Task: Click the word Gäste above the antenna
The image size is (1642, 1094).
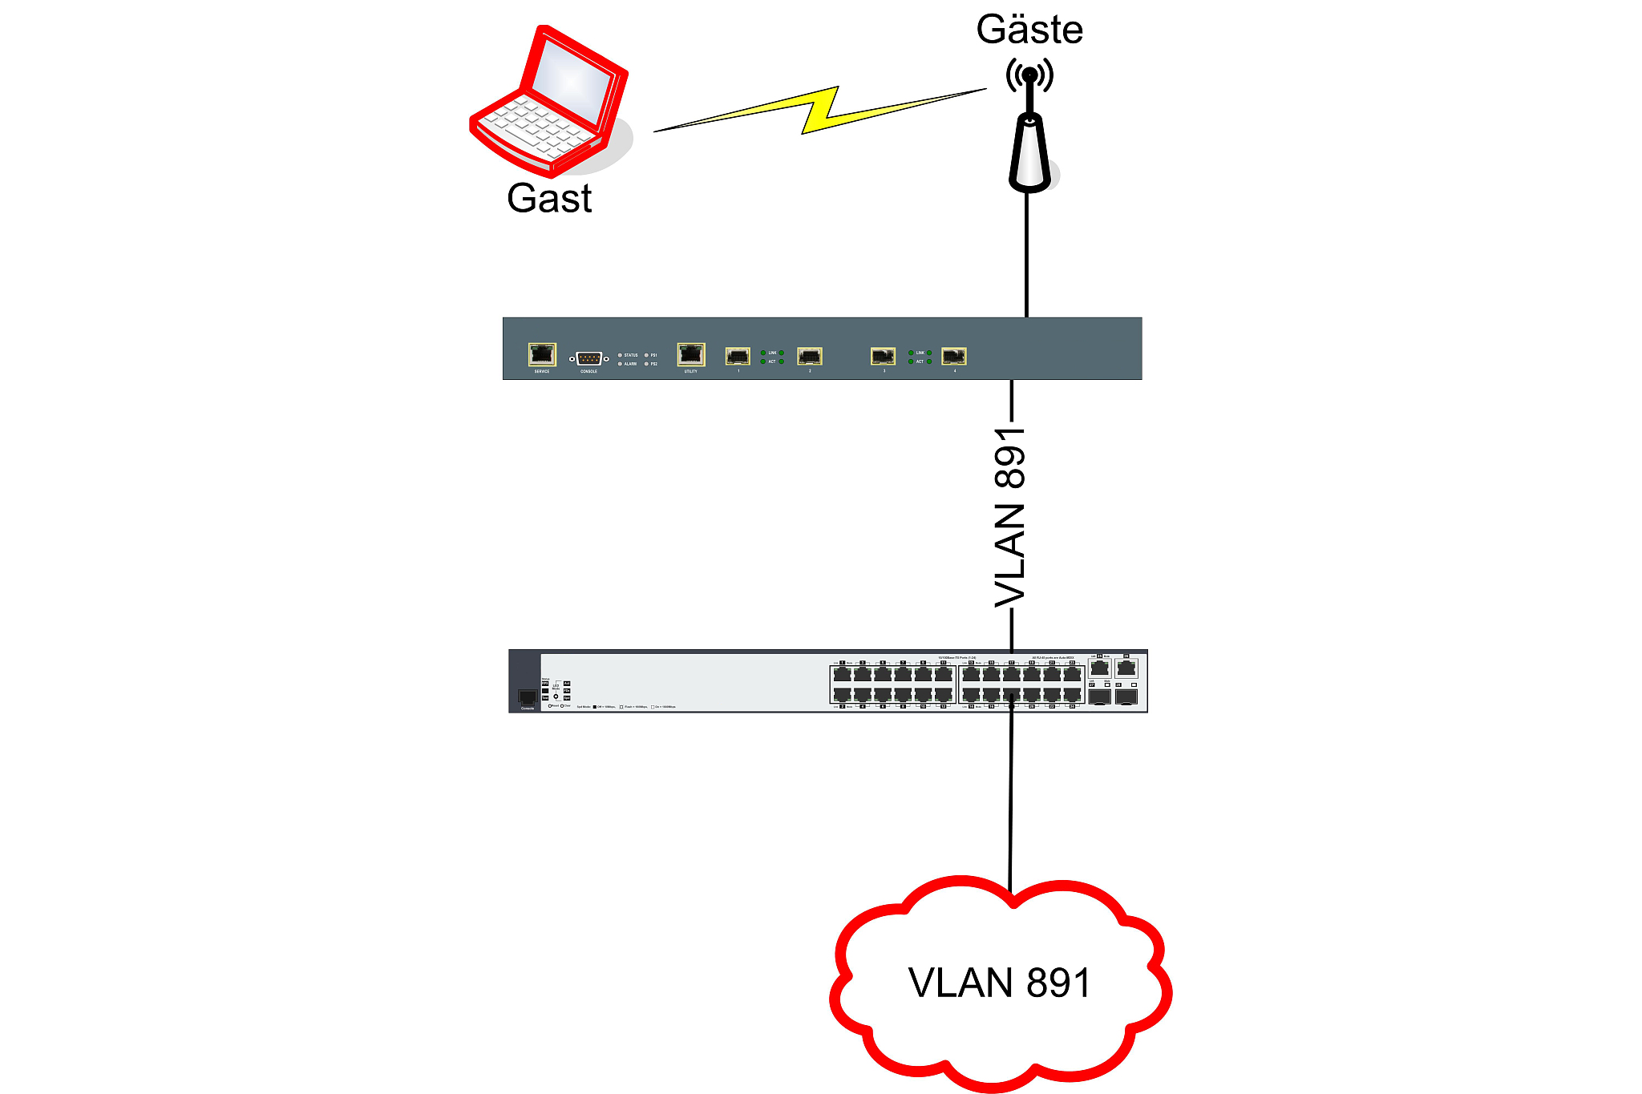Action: coord(1029,30)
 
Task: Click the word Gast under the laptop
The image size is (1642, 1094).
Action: coord(549,198)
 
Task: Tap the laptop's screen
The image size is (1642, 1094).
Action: coord(572,83)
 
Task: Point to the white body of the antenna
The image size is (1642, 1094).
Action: coord(1029,155)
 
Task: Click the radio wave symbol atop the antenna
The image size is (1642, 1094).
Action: coord(1029,75)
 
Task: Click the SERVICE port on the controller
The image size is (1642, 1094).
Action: coord(542,353)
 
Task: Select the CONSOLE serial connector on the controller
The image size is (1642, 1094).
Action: coord(588,358)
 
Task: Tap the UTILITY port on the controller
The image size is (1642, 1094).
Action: coord(690,353)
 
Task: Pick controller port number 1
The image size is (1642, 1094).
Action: coord(738,355)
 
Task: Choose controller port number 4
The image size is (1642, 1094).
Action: coord(954,355)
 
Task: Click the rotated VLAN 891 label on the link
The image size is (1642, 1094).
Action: coord(1010,517)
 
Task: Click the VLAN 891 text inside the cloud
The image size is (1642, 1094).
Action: coord(1000,983)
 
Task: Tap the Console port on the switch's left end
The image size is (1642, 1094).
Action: coord(527,697)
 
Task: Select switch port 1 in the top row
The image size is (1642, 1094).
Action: coord(842,673)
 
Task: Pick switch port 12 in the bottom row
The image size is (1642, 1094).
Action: coord(944,695)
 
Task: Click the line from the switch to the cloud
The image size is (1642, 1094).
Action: coord(1011,801)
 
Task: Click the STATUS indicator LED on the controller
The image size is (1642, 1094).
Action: coord(620,354)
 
